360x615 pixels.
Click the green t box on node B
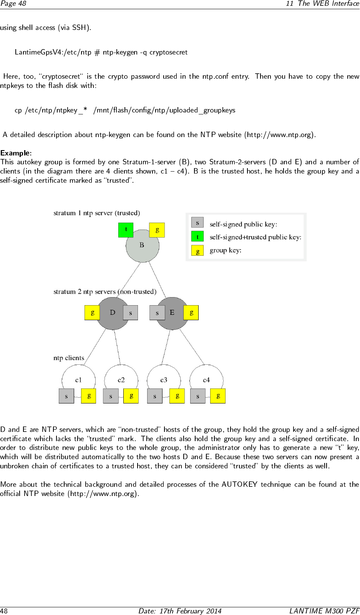[126, 230]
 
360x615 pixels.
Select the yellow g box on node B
[157, 230]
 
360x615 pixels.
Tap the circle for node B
[143, 248]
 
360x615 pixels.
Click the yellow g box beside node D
[92, 312]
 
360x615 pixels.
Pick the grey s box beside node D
[130, 313]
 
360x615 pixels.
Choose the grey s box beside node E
[157, 313]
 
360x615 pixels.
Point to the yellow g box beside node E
[191, 312]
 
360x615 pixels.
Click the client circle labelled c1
[79, 377]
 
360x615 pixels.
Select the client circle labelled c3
[164, 377]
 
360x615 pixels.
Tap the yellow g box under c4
[218, 396]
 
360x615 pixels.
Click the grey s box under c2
[111, 396]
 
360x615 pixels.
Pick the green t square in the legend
[197, 236]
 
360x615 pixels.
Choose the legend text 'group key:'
[226, 250]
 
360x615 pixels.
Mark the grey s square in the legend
[197, 223]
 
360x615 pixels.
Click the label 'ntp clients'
[69, 358]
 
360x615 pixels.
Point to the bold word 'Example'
[15, 153]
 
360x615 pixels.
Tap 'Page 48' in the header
[13, 3]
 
